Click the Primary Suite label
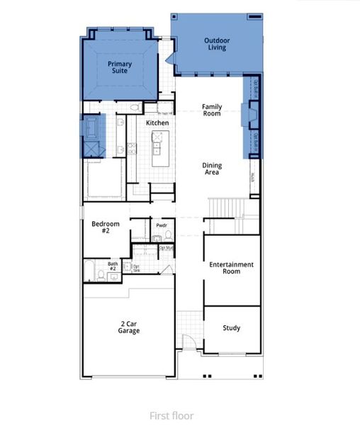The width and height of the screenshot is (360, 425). [120, 67]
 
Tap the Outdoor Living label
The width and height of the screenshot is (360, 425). [217, 44]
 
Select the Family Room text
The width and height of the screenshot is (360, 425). [212, 110]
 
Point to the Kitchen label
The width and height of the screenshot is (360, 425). [157, 123]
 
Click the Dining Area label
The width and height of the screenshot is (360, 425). [212, 169]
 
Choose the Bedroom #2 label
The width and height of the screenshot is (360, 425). [106, 227]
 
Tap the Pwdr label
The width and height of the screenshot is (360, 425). [162, 226]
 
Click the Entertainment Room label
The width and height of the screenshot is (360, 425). [231, 268]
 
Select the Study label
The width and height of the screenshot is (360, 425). [231, 328]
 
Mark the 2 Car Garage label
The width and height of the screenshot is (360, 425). [128, 327]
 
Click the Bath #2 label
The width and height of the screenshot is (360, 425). [113, 266]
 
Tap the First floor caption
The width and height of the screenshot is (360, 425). [171, 416]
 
